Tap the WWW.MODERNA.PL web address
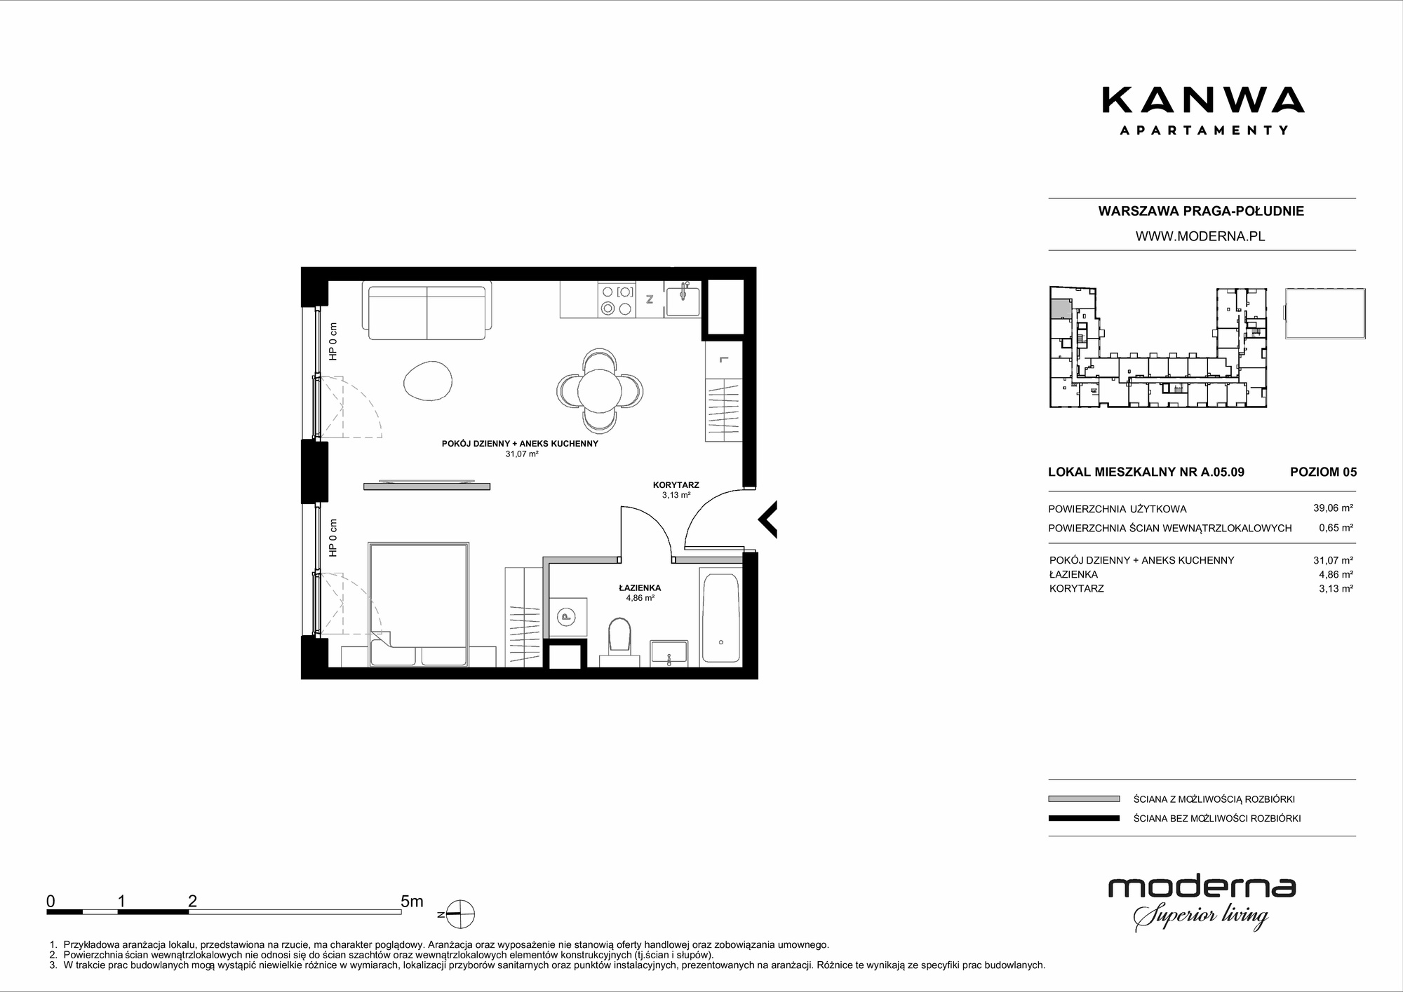(x=1200, y=236)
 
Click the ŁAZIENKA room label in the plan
(x=640, y=588)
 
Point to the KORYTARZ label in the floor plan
(x=676, y=485)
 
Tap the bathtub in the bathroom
(x=720, y=617)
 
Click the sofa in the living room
(x=427, y=310)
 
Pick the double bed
(x=419, y=604)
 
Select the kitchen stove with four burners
(x=617, y=299)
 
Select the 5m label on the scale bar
(x=412, y=902)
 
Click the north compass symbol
(x=460, y=914)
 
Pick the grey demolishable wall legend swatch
(x=1084, y=799)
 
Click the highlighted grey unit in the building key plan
(x=1061, y=308)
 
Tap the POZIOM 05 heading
(x=1323, y=472)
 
